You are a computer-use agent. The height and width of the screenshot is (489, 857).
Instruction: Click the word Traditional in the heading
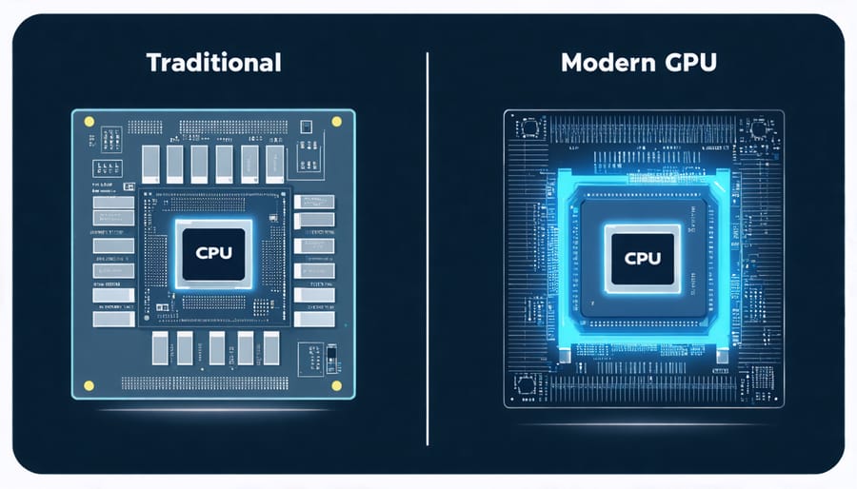click(x=213, y=64)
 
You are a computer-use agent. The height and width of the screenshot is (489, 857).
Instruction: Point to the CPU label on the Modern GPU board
click(x=642, y=257)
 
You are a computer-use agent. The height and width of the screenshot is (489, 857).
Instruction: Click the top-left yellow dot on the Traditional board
click(x=89, y=122)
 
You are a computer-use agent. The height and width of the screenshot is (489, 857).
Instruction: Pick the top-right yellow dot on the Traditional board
click(x=336, y=122)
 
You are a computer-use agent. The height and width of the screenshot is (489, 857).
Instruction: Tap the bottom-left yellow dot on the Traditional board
click(x=89, y=385)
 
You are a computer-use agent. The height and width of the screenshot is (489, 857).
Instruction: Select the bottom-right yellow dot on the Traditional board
click(x=336, y=385)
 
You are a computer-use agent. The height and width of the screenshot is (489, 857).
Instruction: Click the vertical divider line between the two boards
click(x=428, y=247)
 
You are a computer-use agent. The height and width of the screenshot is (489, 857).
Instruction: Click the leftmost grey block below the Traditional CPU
click(x=159, y=347)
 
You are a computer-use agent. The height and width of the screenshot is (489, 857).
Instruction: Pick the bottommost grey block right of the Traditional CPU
click(x=314, y=319)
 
